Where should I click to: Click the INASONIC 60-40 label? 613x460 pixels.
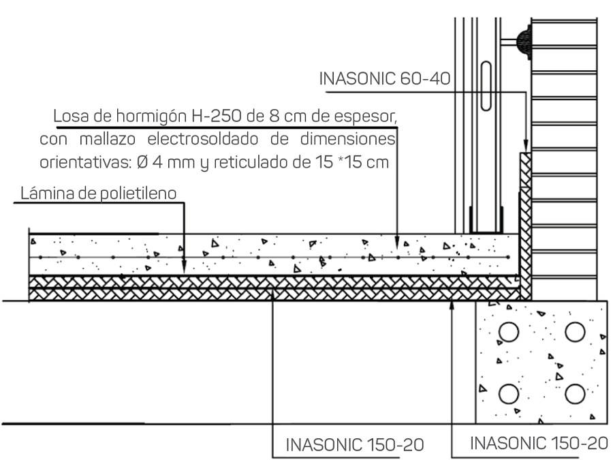385,78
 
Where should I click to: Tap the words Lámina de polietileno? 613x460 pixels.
99,194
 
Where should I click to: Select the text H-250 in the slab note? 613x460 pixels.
209,116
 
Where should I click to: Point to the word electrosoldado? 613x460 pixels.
202,139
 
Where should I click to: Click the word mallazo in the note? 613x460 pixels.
108,139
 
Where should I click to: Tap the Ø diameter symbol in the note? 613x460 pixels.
143,162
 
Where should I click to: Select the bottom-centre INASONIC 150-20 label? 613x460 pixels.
355,445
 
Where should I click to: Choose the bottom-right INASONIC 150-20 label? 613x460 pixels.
539,443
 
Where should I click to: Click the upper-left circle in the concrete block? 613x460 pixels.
509,332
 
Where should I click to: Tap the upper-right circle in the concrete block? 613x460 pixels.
575,332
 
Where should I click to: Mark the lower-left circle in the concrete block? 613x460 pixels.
509,393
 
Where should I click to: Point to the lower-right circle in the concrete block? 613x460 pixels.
575,393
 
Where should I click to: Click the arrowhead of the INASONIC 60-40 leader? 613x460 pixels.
526,146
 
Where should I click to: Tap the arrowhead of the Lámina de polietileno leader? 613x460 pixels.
184,268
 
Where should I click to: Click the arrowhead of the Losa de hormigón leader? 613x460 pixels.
397,242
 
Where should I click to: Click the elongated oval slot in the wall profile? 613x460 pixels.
486,86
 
